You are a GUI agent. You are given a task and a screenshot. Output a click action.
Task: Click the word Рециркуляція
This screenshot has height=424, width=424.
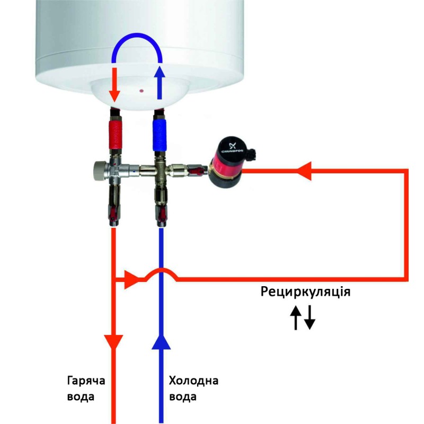point(305,292)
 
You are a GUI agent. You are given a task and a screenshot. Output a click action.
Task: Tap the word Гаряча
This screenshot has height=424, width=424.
point(84,381)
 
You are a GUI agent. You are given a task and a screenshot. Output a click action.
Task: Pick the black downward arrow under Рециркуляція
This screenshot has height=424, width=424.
point(310,318)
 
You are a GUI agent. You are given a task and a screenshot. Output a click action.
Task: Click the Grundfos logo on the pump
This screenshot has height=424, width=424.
point(233,146)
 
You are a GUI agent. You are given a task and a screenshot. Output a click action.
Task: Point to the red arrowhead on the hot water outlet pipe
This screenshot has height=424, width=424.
point(114,342)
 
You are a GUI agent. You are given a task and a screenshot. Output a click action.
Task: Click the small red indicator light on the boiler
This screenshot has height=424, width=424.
point(142,91)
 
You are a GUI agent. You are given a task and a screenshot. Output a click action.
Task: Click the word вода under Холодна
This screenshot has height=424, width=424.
point(183,396)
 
